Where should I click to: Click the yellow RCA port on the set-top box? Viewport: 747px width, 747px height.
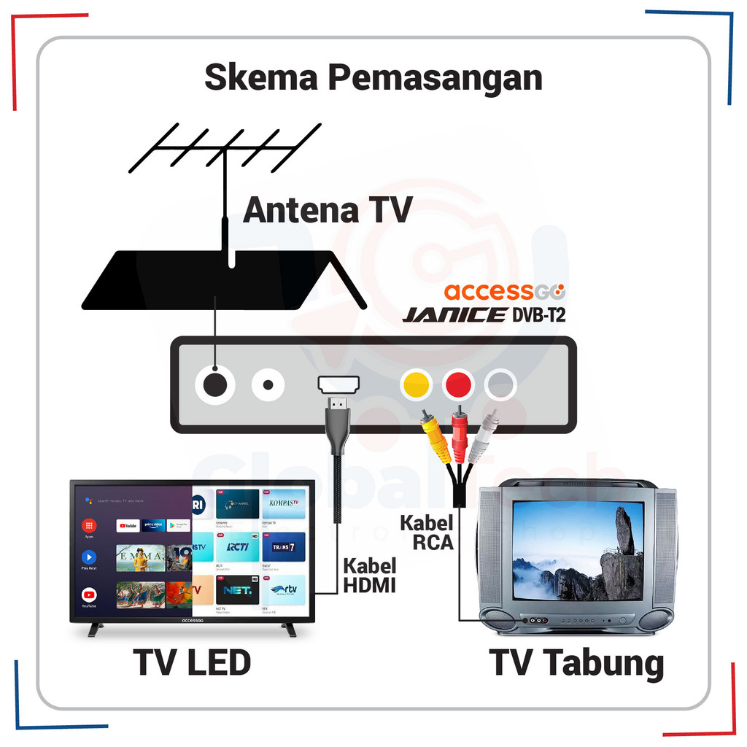416,384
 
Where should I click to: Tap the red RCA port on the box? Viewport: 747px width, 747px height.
458,384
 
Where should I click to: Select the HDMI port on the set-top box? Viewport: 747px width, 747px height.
337,384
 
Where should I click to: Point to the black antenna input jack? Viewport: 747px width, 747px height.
214,384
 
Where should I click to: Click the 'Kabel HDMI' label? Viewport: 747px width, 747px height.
370,575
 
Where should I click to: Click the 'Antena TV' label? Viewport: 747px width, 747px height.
328,210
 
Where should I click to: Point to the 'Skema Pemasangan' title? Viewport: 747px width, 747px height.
373,78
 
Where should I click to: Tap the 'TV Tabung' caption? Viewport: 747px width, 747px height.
577,663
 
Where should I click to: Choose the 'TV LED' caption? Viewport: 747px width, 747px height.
193,663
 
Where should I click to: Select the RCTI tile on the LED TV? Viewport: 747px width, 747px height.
238,546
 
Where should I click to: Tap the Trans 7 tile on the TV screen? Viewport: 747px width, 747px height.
283,546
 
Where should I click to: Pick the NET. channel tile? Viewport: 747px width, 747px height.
238,589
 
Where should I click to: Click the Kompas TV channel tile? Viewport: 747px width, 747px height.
283,503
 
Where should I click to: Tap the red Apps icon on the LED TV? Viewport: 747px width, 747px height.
89,525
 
